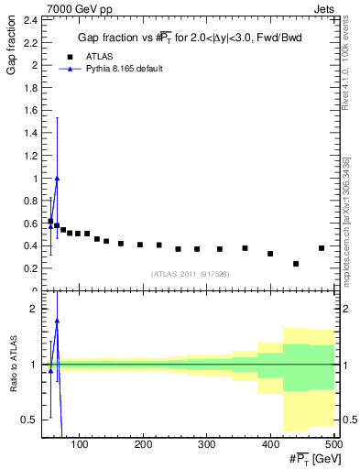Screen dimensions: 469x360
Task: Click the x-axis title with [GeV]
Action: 310,459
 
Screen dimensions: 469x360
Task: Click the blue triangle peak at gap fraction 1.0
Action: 57,179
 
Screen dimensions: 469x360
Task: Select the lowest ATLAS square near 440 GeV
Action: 296,264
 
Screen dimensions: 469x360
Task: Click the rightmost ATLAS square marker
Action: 322,248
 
